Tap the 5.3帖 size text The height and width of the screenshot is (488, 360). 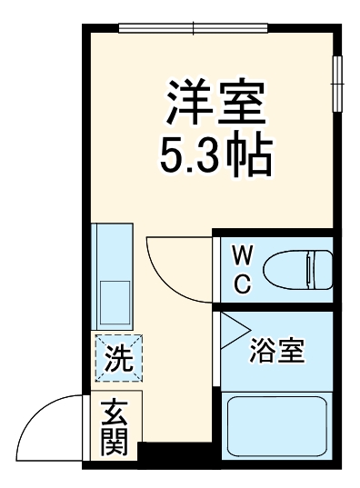coord(216,155)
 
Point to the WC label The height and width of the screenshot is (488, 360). coord(243,269)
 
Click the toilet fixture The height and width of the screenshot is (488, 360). coord(295,270)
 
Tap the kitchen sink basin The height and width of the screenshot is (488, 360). coord(115,299)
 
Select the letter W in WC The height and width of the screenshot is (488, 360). coord(243,254)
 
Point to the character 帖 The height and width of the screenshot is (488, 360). coord(251,155)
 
